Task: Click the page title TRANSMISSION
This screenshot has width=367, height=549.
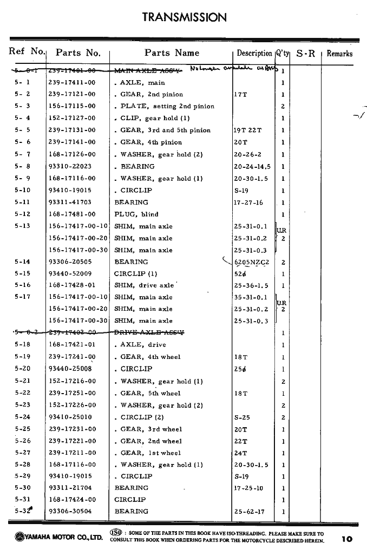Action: click(x=184, y=17)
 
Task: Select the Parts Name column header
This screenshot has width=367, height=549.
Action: click(x=172, y=53)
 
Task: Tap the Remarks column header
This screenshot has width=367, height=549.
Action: click(x=339, y=54)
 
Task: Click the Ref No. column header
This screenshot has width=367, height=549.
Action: click(x=27, y=52)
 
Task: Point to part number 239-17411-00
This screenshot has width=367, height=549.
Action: click(x=72, y=83)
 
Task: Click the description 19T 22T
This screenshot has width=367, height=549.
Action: click(x=247, y=130)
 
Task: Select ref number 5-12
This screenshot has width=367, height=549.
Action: click(x=22, y=214)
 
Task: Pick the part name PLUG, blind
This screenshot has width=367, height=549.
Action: click(x=136, y=214)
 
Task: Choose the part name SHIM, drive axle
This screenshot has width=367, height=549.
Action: click(x=144, y=285)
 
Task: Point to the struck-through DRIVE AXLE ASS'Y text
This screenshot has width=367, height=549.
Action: click(x=149, y=333)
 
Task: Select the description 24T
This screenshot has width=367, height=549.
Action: click(x=240, y=453)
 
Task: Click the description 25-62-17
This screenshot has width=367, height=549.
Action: click(x=249, y=511)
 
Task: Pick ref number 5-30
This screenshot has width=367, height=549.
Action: click(x=22, y=488)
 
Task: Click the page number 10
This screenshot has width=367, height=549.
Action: click(x=347, y=539)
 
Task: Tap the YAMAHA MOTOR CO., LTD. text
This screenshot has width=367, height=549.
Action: click(x=56, y=537)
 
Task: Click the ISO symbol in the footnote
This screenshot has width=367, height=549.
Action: click(x=115, y=533)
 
